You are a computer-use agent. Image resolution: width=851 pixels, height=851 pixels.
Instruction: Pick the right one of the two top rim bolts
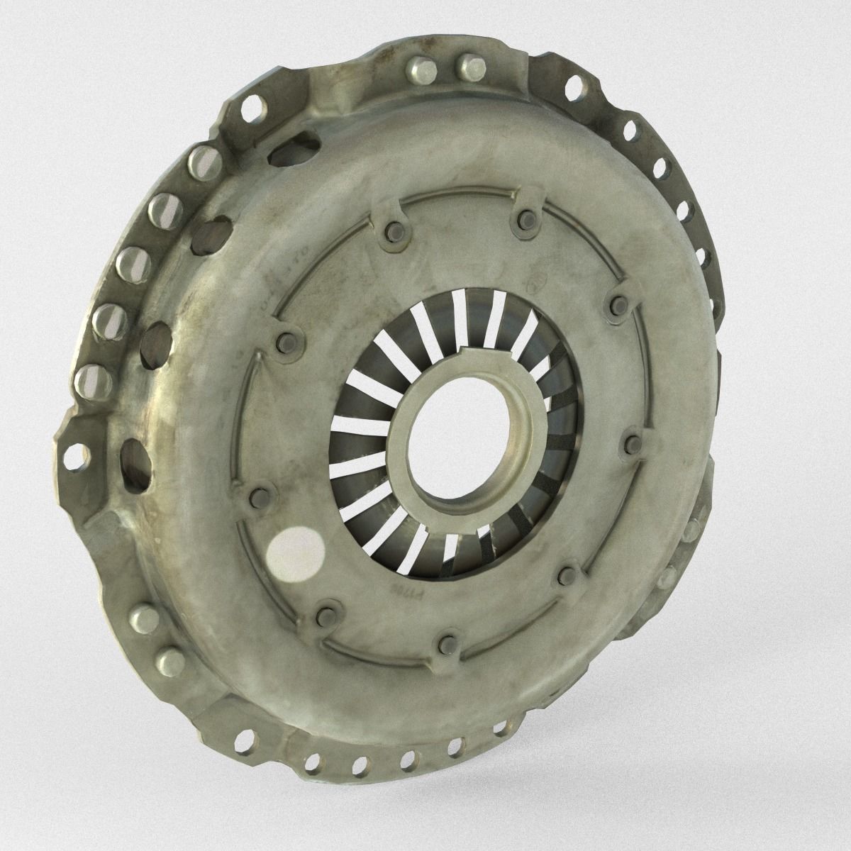(x=469, y=68)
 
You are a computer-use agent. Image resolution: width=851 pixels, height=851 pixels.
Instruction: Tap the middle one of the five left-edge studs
(x=128, y=262)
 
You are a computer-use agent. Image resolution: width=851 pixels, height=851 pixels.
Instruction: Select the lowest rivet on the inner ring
(x=447, y=643)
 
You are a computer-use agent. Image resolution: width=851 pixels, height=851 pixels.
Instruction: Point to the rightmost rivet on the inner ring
(x=628, y=445)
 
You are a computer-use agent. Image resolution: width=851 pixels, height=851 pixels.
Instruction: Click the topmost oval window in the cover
(x=290, y=141)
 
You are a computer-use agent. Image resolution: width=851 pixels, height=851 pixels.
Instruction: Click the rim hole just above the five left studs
(x=249, y=111)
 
